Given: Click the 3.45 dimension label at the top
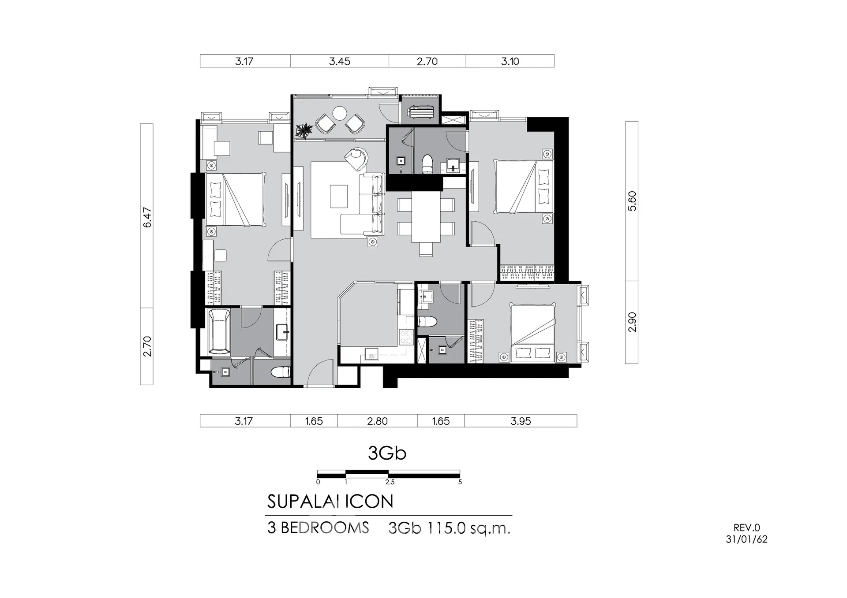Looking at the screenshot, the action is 340,61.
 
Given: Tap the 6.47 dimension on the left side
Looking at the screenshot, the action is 147,217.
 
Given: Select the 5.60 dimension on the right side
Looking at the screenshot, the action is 632,201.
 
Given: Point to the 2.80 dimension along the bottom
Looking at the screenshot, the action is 377,421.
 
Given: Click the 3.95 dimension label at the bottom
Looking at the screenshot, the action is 521,421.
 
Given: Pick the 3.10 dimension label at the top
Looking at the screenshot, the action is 510,61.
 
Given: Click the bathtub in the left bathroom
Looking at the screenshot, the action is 219,331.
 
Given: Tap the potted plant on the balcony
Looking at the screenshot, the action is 304,130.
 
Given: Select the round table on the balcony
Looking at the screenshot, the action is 340,113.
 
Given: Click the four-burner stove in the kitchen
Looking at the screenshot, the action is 406,338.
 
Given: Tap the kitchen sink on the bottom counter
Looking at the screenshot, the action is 371,354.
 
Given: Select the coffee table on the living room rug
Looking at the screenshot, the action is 339,196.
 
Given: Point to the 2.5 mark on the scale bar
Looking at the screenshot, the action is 390,482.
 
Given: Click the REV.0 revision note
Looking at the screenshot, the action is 747,527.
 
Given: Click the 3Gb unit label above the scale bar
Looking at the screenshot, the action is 387,453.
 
